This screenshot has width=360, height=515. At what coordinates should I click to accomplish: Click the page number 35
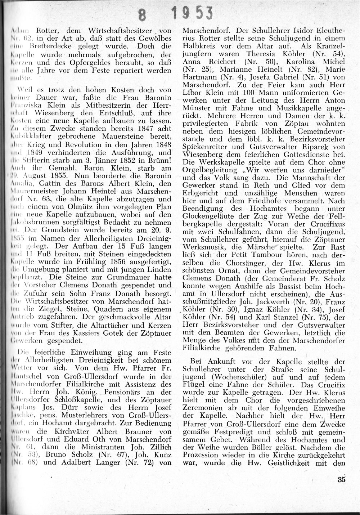pyautogui.click(x=342, y=479)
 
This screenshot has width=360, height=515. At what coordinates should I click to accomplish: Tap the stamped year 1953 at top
pyautogui.click(x=191, y=14)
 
